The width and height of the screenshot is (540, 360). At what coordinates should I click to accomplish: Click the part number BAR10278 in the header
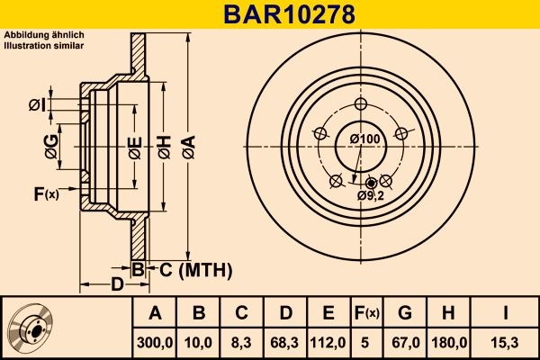(270, 14)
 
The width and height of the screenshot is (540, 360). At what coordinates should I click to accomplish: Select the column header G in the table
(405, 312)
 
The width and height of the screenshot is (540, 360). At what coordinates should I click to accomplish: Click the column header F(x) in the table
(367, 312)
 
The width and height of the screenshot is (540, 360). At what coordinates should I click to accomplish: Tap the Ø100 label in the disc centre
(364, 139)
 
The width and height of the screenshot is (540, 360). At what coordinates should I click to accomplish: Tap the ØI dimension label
(36, 105)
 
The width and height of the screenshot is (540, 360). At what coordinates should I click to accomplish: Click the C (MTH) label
(196, 269)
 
